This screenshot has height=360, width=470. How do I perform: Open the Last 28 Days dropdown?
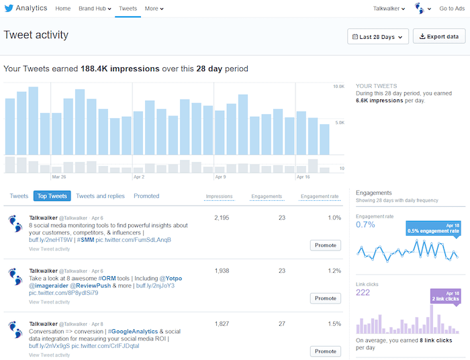tap(377, 37)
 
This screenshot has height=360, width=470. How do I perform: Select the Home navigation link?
tap(62, 9)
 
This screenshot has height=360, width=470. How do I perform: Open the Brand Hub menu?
tap(95, 9)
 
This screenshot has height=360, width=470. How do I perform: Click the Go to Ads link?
tap(452, 9)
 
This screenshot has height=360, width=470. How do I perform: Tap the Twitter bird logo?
tap(9, 9)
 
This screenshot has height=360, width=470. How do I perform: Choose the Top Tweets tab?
tap(52, 196)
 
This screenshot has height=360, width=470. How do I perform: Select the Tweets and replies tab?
tap(100, 196)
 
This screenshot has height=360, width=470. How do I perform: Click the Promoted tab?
tap(146, 196)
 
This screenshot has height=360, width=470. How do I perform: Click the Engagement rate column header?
tap(320, 197)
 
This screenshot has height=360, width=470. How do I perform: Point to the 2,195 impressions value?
tap(222, 218)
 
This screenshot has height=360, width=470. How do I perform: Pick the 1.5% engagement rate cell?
tap(334, 324)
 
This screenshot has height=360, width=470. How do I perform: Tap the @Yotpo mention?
tap(171, 278)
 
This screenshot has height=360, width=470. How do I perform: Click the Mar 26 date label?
tap(58, 177)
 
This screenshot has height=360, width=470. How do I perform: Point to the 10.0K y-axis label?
tap(339, 87)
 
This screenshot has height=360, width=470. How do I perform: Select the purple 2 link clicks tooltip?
tap(442, 296)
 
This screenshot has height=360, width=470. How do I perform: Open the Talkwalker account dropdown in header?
tap(389, 9)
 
